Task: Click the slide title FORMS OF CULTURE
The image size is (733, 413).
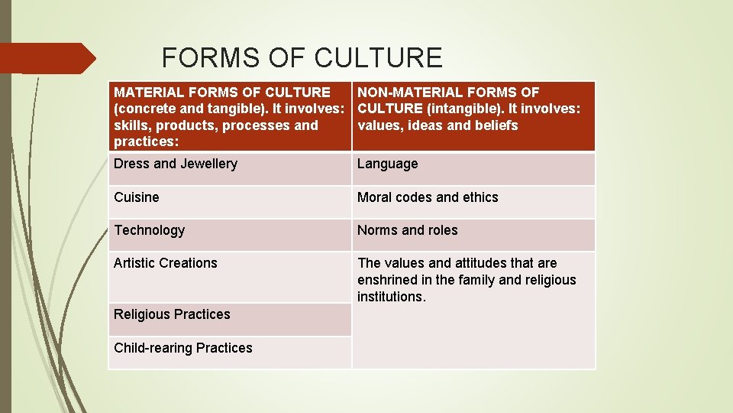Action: coord(302,58)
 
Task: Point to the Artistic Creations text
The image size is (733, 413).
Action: coord(166,263)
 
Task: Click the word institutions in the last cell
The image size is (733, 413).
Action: coord(391,297)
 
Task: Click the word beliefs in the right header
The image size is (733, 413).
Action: coord(496,125)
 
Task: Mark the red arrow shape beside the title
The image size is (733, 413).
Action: coord(47,58)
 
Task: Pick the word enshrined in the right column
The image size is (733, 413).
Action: coord(387,280)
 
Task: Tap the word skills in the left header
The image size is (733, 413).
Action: coord(129,125)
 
